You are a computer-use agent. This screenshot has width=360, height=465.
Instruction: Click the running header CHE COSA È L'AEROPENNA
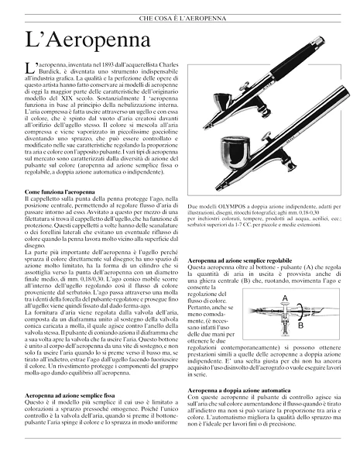(180, 15)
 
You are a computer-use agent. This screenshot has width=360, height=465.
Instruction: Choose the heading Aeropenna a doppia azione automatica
(245, 388)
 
